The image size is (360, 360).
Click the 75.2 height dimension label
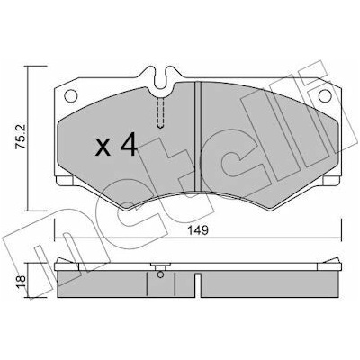click(22, 137)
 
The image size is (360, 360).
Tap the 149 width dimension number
click(198, 230)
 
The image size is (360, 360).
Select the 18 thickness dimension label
click(22, 282)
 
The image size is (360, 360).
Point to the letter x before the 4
click(103, 148)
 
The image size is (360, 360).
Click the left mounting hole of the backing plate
click(71, 96)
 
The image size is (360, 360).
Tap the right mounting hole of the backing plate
click(325, 96)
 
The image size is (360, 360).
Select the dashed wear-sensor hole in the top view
click(161, 113)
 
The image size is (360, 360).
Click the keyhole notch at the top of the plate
click(162, 78)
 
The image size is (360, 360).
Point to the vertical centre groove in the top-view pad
click(198, 137)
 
